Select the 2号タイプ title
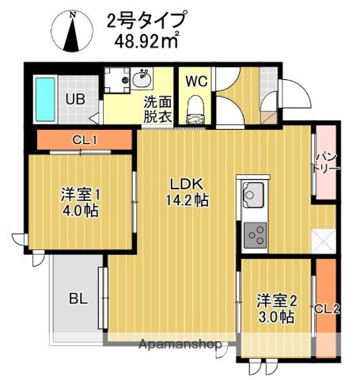(x=146, y=18)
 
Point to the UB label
(x=75, y=101)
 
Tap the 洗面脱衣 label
(x=156, y=108)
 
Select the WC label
(x=195, y=80)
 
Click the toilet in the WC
(x=195, y=110)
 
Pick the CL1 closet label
(x=84, y=141)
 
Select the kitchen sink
(x=254, y=194)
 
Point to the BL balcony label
(x=78, y=298)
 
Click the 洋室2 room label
(x=276, y=300)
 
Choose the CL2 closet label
(x=327, y=310)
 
